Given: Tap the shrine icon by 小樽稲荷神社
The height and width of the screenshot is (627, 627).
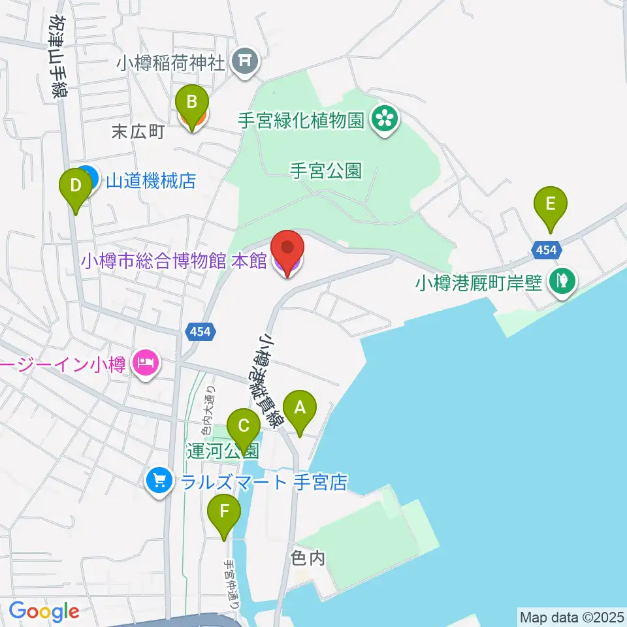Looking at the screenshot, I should coord(246,63).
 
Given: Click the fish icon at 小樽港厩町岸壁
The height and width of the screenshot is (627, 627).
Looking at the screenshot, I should coord(562,283).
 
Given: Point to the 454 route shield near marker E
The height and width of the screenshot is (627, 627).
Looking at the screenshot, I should coord(545,249).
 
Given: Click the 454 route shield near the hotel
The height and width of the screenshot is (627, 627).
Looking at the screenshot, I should coord(200,332).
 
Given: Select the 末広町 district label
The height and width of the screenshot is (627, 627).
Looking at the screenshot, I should coord(138,132).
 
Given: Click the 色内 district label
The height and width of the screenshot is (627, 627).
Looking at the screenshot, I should coord(308,558).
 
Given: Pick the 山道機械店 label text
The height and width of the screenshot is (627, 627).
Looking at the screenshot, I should coord(151,180).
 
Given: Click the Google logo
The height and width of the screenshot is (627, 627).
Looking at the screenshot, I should coord(44,612).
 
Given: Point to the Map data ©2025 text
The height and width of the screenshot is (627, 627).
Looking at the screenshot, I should coord(571,617).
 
